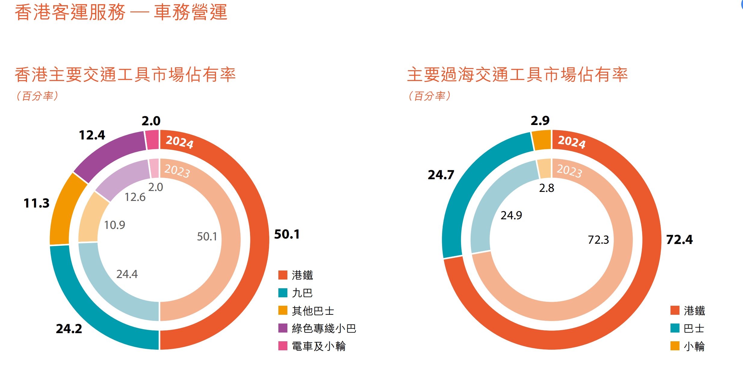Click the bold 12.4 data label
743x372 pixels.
(x=92, y=135)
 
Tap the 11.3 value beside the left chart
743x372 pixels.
(x=36, y=203)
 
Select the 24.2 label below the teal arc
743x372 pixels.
(x=69, y=329)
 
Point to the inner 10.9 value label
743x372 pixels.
(x=114, y=225)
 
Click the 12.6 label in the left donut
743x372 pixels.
(x=135, y=197)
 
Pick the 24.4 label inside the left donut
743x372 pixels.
(x=127, y=274)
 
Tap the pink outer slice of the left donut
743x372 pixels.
(x=152, y=139)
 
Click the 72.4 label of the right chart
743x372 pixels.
(x=679, y=239)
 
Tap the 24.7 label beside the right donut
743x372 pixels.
(x=441, y=175)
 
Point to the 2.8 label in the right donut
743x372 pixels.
(x=546, y=188)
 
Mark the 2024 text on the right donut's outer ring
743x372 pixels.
(x=572, y=142)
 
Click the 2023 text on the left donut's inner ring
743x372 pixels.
(x=177, y=171)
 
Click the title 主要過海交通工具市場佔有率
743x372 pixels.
(x=517, y=75)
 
